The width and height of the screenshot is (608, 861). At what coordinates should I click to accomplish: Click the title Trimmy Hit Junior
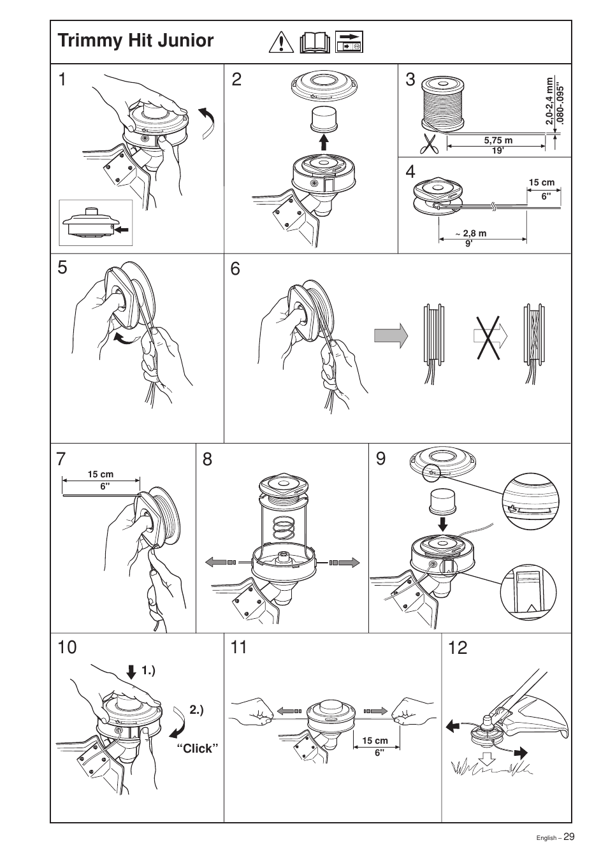[x=136, y=41]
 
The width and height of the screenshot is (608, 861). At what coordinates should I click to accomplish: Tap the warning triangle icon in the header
[x=280, y=42]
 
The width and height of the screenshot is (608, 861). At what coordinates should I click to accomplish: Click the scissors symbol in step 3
[x=430, y=143]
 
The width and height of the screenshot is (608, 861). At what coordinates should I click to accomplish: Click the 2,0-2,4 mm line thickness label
[x=549, y=101]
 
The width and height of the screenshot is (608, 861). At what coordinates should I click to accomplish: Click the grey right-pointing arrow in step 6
[x=391, y=335]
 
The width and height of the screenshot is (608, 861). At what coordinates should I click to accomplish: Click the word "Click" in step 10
[x=197, y=749]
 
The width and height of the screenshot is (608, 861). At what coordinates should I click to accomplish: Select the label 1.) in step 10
[x=148, y=670]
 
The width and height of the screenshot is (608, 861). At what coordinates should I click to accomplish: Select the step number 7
[x=61, y=459]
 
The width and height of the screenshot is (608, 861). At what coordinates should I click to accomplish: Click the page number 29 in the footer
[x=568, y=837]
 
